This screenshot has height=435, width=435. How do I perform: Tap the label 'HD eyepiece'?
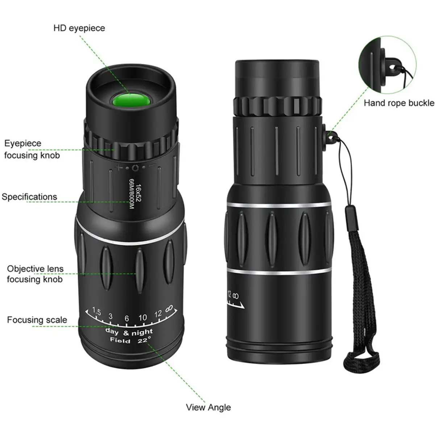tap(79, 28)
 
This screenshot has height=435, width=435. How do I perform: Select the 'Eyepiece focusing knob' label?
tap(32, 149)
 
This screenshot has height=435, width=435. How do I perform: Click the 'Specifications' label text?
tap(29, 197)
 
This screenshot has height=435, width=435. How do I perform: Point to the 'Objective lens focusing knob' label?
tap(35, 274)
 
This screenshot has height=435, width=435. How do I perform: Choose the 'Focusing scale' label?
tap(37, 320)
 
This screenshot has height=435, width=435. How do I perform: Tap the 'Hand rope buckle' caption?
tap(399, 103)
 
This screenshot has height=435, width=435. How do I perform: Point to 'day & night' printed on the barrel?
tap(129, 332)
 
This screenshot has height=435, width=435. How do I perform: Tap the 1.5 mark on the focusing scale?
tap(96, 311)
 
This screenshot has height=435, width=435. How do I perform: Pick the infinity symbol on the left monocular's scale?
tap(169, 309)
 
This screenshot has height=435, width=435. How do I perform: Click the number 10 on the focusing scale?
tap(142, 318)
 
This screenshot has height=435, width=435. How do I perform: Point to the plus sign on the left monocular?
tap(118, 167)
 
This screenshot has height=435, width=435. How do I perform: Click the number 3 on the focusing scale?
tap(111, 316)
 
